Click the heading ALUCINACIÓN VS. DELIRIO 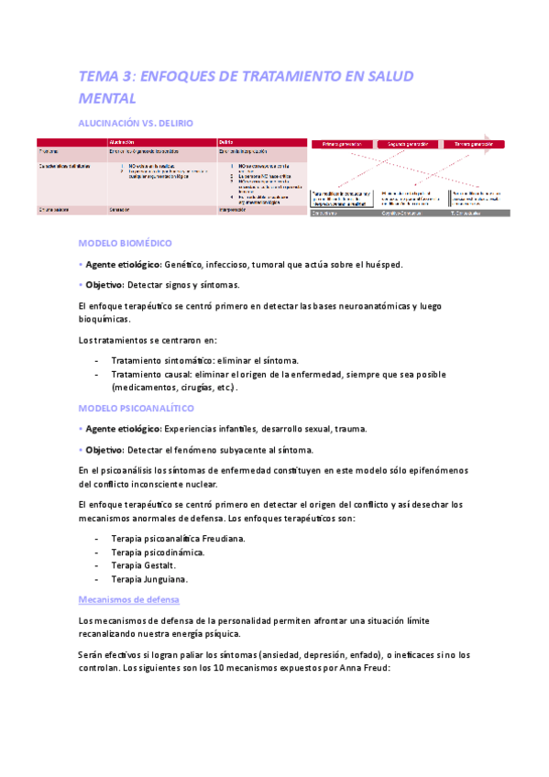[137, 122]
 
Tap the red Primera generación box [343, 144]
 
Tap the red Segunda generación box [409, 144]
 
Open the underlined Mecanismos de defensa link [129, 599]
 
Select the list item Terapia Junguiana [148, 579]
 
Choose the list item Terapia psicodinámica [157, 552]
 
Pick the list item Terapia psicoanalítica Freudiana [178, 538]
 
